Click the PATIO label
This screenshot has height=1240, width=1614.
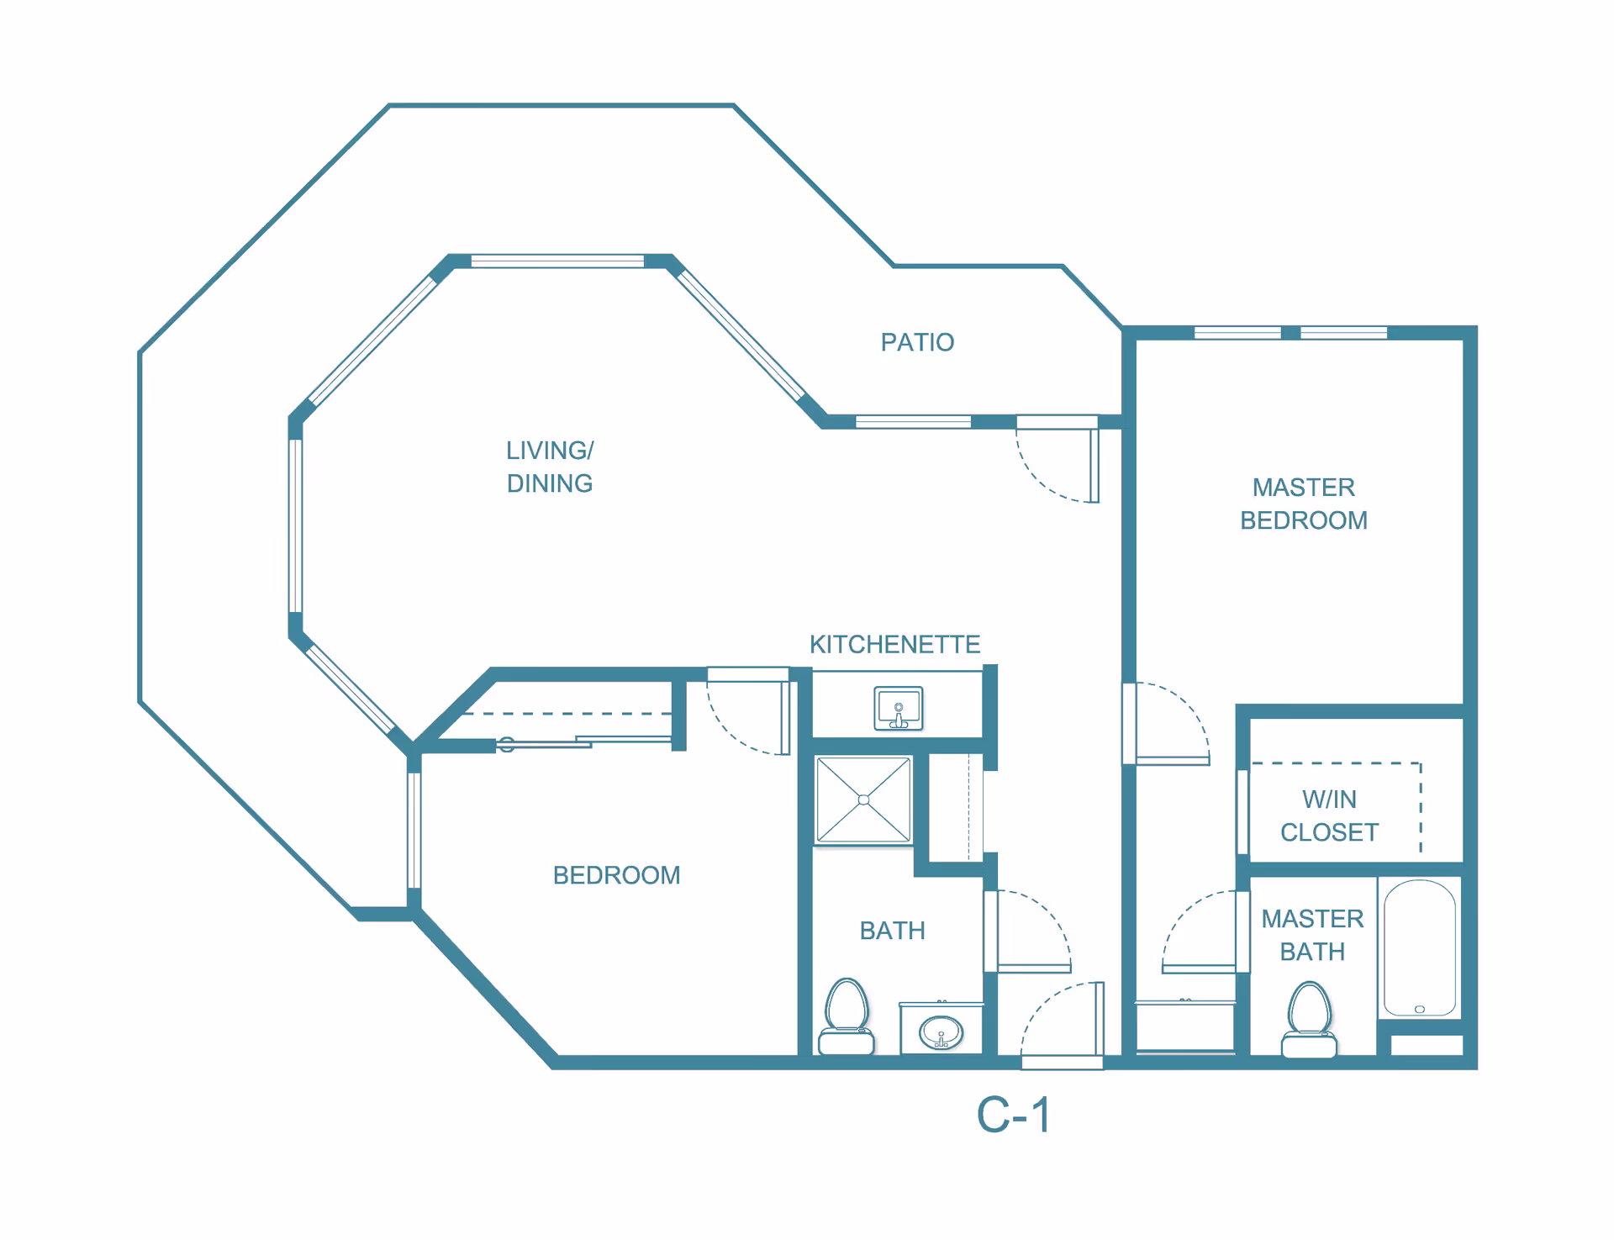tap(917, 342)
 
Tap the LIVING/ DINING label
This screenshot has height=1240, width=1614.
tap(550, 467)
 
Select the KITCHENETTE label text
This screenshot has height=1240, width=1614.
tap(894, 644)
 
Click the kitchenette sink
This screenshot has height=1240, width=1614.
tap(899, 708)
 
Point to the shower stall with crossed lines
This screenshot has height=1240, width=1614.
tap(863, 799)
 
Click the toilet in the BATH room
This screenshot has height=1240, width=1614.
tap(847, 1017)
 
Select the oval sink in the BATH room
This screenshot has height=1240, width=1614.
tap(941, 1032)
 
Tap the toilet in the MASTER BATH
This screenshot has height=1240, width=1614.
tap(1309, 1020)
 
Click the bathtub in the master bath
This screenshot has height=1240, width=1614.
tap(1420, 948)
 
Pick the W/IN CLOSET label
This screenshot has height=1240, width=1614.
tap(1329, 815)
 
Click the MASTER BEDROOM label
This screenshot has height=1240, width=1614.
tap(1304, 504)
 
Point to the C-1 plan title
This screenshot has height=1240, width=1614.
tap(1014, 1116)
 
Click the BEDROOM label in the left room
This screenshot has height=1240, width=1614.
tap(616, 875)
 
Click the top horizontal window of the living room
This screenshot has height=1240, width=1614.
tap(557, 261)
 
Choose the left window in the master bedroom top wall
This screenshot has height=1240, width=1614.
tap(1237, 333)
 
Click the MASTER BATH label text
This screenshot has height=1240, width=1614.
tap(1312, 935)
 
